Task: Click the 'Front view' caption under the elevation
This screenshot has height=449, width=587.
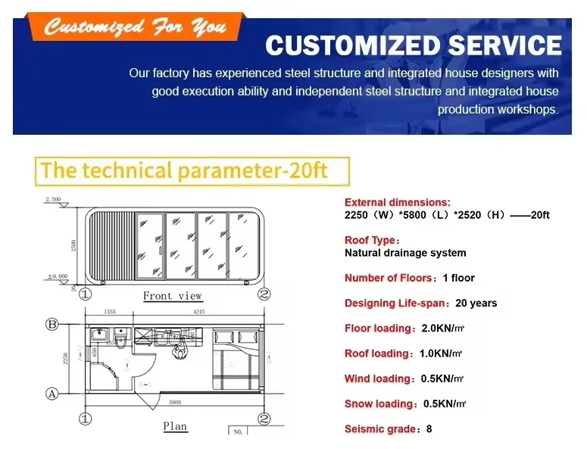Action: [173, 295]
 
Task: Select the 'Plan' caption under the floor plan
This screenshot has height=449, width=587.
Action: [175, 426]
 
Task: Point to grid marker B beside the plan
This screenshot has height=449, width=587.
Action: [52, 324]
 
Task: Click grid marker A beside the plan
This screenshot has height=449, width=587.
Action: [52, 393]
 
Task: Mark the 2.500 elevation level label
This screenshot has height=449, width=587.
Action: [52, 199]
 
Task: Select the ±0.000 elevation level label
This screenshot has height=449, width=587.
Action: [55, 276]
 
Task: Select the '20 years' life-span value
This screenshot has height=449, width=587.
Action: [476, 303]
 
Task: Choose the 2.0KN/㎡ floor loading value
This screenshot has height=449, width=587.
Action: [441, 329]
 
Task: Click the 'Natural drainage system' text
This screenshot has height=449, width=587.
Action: [405, 253]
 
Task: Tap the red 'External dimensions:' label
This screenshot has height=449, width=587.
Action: [397, 202]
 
